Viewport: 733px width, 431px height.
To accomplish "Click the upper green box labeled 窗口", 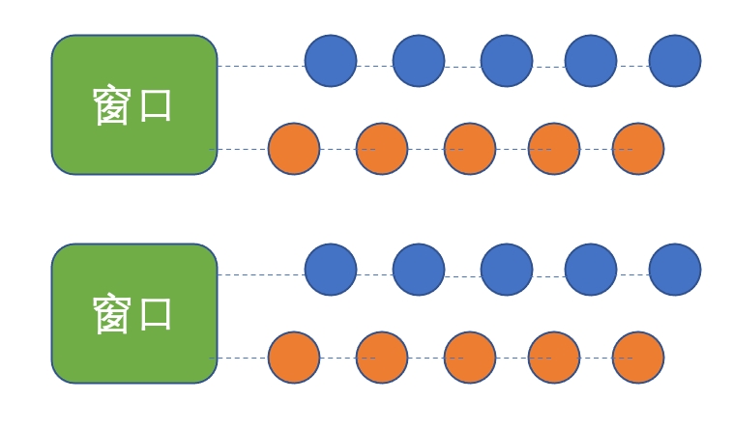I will point(134,104).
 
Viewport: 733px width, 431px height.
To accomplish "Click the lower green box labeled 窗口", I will point(134,313).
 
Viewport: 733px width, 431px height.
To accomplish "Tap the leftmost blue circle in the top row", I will point(331,61).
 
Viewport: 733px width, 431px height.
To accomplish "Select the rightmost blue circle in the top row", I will point(675,61).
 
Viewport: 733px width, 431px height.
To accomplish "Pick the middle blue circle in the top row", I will point(507,61).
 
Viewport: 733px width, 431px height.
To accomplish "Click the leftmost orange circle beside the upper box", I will point(294,149).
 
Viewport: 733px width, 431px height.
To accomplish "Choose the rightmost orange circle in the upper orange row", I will point(638,149).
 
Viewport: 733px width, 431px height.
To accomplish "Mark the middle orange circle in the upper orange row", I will point(470,149).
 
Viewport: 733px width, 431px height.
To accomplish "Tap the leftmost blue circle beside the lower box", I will point(331,270).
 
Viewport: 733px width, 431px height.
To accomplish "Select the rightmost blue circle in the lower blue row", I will point(675,270).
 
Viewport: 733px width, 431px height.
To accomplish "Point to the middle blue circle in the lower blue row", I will point(507,270).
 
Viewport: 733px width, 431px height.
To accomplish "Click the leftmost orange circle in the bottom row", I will point(294,358).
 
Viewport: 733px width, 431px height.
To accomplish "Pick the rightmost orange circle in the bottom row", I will point(638,358).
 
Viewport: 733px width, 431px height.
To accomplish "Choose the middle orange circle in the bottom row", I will point(470,358).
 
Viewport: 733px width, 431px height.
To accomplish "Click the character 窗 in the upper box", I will point(112,105).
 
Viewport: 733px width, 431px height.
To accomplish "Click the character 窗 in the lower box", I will point(112,314).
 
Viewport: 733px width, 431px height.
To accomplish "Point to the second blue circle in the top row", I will point(419,61).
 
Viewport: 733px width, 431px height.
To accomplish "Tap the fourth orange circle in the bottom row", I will point(554,358).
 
